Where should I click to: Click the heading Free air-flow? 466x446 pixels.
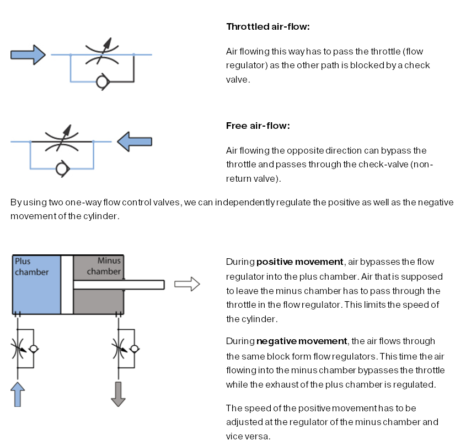pos(258,126)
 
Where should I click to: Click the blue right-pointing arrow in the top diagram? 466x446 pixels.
pos(28,55)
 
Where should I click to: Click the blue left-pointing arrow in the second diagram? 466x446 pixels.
pos(135,142)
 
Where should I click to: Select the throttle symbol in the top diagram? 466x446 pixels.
pos(101,54)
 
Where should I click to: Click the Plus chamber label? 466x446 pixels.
pos(31,266)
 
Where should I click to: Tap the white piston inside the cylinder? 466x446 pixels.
pos(67,284)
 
